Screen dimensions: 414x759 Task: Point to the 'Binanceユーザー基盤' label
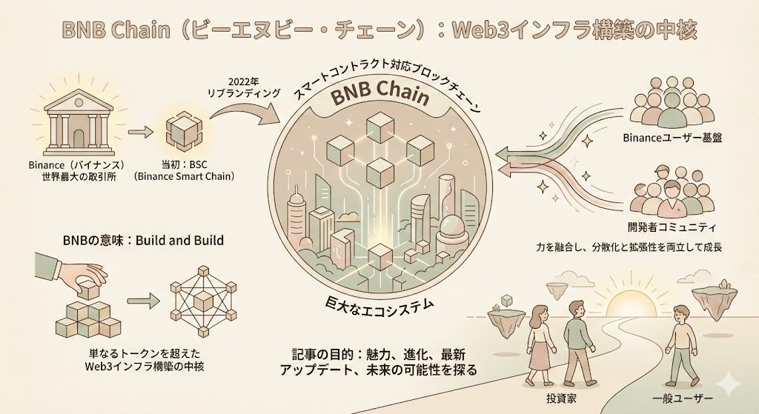tap(672, 136)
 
